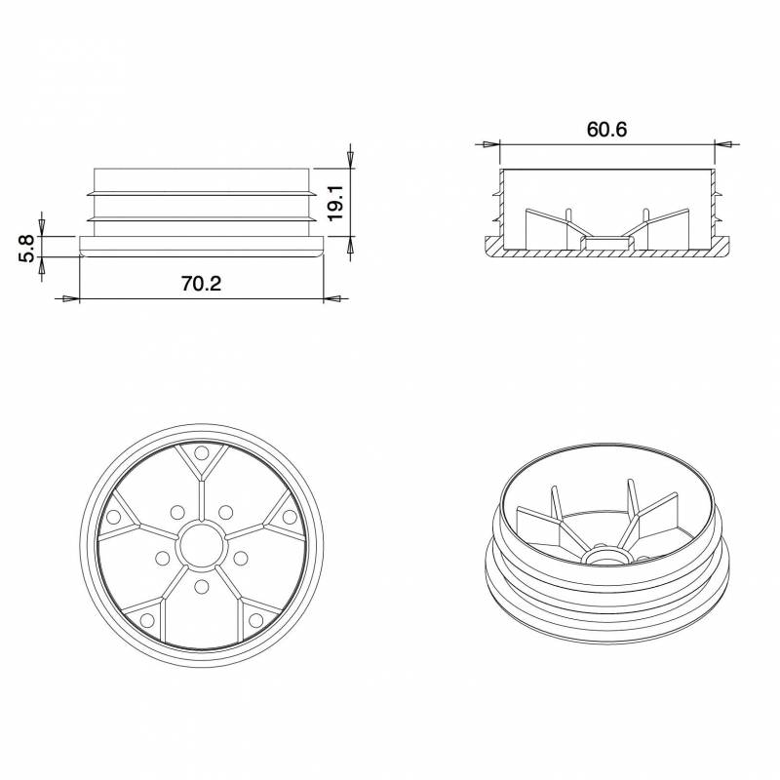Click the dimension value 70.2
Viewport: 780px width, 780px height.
(202, 284)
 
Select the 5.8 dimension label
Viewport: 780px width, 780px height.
(26, 247)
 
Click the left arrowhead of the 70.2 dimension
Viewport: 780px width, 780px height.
(69, 299)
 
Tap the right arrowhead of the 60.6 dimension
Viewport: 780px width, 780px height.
(723, 144)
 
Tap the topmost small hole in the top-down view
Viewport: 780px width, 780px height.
(201, 453)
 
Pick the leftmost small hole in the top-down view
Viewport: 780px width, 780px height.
(113, 516)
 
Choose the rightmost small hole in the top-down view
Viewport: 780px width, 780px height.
(290, 516)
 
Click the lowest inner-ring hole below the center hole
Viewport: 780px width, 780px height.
(202, 586)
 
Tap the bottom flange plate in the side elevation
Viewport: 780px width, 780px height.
(202, 245)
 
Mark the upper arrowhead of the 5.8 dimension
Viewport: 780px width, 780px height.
(41, 222)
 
